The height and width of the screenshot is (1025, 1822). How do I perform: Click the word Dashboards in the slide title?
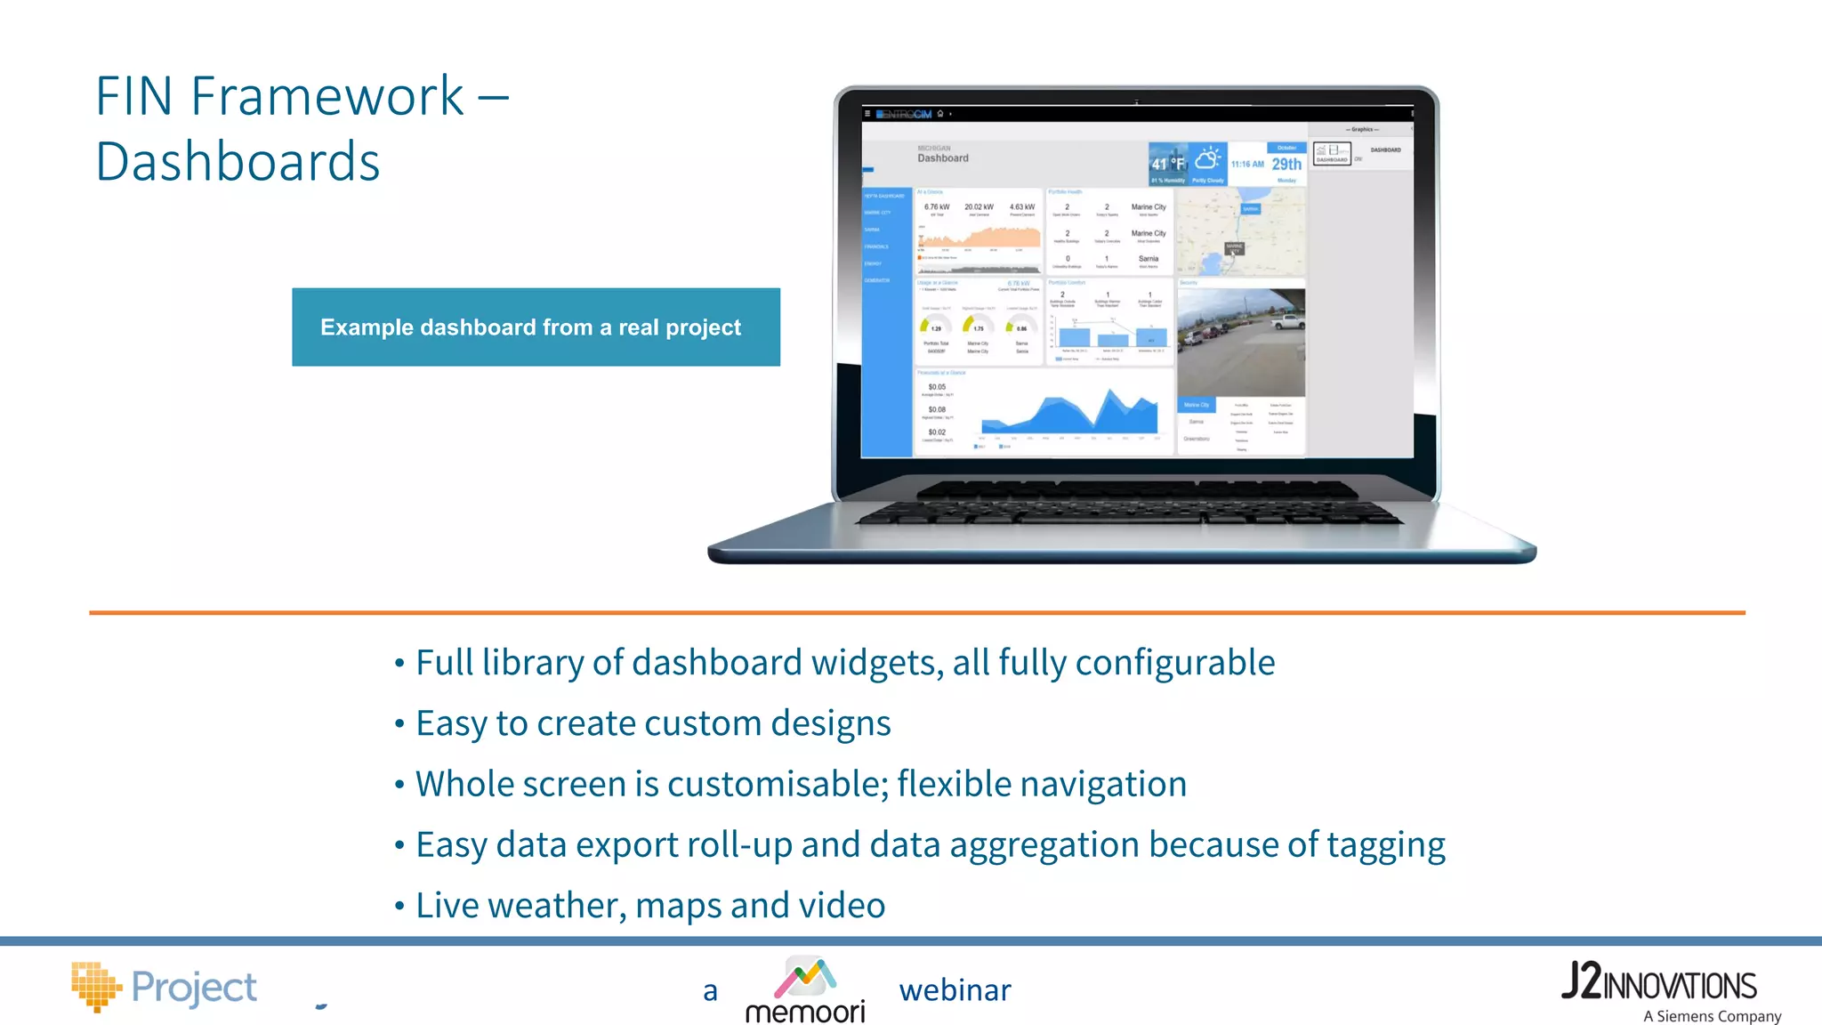pyautogui.click(x=238, y=162)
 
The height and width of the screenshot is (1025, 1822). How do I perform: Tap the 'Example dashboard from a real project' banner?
pyautogui.click(x=536, y=327)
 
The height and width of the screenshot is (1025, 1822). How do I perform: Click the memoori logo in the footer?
pyautogui.click(x=805, y=989)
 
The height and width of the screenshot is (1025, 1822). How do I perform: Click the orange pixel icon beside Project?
pyautogui.click(x=95, y=986)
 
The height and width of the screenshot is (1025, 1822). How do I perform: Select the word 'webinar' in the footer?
pyautogui.click(x=955, y=990)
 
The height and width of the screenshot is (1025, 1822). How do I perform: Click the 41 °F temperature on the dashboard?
pyautogui.click(x=1167, y=164)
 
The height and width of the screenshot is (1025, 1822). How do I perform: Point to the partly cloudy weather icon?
pyautogui.click(x=1207, y=160)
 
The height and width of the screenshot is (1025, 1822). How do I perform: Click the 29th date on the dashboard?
pyautogui.click(x=1286, y=164)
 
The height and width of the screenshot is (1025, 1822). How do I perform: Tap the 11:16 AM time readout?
pyautogui.click(x=1247, y=165)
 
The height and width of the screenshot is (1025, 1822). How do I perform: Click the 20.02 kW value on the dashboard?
pyautogui.click(x=979, y=207)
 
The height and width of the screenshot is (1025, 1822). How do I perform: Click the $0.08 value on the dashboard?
pyautogui.click(x=937, y=410)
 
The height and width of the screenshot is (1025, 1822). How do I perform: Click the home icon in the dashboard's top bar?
pyautogui.click(x=940, y=114)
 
